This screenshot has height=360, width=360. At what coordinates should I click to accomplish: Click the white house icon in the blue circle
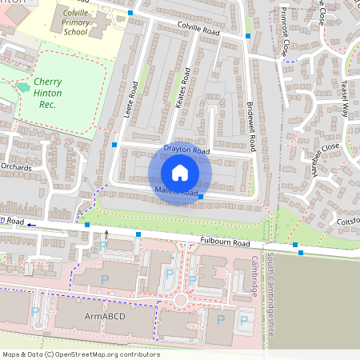[179, 173]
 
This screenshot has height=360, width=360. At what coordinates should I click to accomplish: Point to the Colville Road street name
[198, 30]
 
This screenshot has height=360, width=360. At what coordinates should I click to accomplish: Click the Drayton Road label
[186, 150]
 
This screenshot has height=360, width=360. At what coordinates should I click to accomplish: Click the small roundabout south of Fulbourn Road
[181, 300]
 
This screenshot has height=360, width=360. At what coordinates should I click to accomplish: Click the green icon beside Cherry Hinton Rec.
[22, 86]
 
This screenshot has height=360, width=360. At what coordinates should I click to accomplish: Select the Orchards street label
[15, 167]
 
